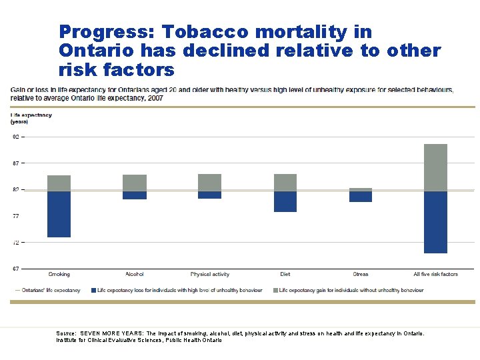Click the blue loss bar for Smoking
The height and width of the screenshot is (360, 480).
click(x=59, y=214)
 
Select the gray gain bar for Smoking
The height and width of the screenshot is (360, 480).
click(x=59, y=183)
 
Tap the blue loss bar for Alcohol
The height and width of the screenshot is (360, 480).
click(x=134, y=195)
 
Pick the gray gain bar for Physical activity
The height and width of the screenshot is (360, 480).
click(x=209, y=183)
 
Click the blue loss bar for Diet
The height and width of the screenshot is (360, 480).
click(x=285, y=201)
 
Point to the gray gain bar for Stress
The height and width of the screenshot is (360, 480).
click(x=360, y=190)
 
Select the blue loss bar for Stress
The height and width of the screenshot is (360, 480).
click(x=360, y=197)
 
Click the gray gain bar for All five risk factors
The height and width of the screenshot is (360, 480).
click(x=435, y=168)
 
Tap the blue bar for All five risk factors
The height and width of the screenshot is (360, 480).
click(x=435, y=222)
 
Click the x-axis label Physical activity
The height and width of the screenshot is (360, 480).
click(x=209, y=275)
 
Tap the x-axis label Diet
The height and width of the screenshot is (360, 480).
click(x=285, y=275)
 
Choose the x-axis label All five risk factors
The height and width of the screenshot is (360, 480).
click(x=435, y=275)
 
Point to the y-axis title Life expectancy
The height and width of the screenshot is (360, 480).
click(x=31, y=115)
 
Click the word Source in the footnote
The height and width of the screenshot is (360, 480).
click(x=67, y=332)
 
